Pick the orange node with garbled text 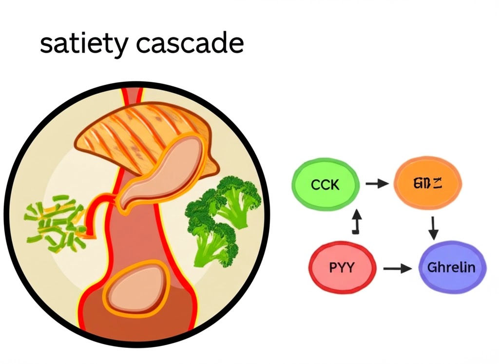pos(427,184)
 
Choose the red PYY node pos(343,268)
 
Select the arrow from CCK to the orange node pos(377,184)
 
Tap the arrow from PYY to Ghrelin pos(397,268)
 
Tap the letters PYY pos(342,268)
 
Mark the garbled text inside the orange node pos(427,184)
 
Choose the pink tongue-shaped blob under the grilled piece pos(161,171)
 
